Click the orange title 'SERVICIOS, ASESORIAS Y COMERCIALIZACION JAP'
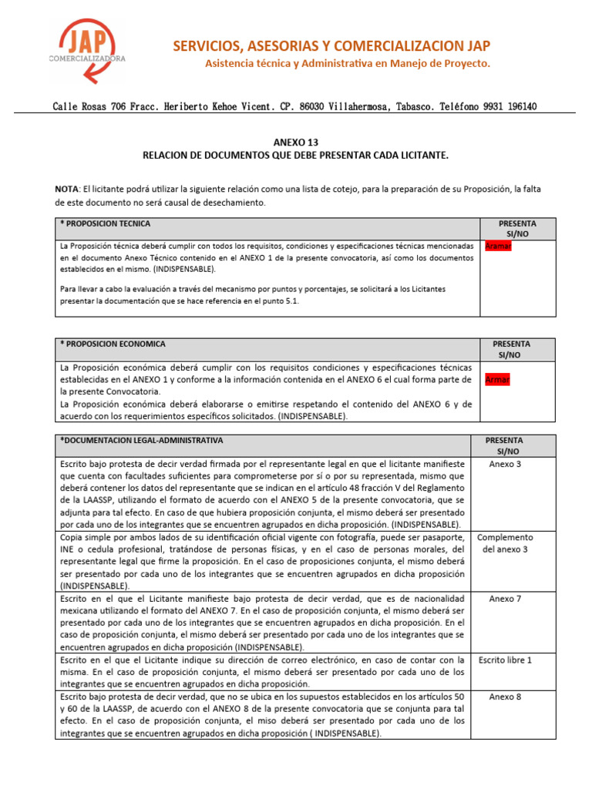(x=331, y=46)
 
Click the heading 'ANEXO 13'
(x=295, y=143)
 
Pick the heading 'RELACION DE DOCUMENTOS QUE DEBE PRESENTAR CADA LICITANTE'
(x=295, y=156)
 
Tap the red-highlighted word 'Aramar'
(x=498, y=246)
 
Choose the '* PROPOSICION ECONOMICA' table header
(x=113, y=344)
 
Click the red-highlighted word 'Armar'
(x=498, y=380)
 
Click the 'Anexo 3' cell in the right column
(x=505, y=464)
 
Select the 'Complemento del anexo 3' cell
(x=505, y=542)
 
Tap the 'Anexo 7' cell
(x=505, y=598)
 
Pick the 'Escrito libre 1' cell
(x=505, y=660)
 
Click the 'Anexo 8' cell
(x=505, y=697)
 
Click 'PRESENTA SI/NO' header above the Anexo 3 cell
(x=508, y=445)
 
